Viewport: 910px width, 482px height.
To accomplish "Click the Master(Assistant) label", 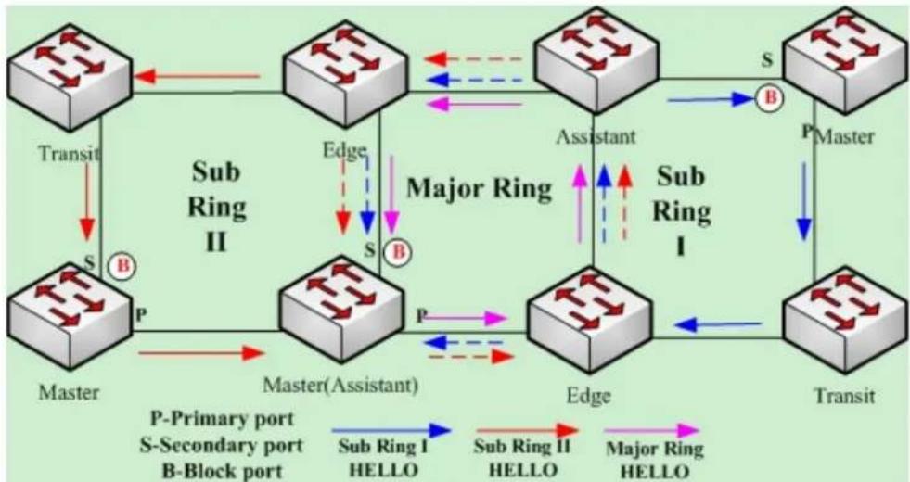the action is [x=340, y=385].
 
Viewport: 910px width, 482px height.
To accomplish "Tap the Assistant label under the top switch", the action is [x=596, y=137].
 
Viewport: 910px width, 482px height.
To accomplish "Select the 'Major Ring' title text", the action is [x=479, y=188].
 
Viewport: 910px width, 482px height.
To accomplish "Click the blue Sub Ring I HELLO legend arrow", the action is [x=391, y=430].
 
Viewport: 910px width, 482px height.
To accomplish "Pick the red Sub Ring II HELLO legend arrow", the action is [x=528, y=430].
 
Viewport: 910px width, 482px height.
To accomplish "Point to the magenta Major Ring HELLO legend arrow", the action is [x=651, y=430].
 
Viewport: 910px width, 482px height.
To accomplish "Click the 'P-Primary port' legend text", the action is [x=223, y=419].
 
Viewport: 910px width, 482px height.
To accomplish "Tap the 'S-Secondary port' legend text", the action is [x=221, y=446].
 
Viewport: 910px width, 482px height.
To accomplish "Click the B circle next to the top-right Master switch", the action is [x=770, y=98].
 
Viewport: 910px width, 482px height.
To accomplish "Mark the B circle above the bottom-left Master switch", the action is [x=123, y=266].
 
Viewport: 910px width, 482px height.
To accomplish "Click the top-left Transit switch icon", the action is [x=70, y=76].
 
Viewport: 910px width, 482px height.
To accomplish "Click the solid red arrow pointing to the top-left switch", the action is [x=197, y=76].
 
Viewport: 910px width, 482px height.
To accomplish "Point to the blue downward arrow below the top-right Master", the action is [x=804, y=201].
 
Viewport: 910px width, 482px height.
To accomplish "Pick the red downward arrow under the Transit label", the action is [x=87, y=201].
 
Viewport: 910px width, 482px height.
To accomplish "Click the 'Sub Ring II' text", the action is [x=216, y=207].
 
